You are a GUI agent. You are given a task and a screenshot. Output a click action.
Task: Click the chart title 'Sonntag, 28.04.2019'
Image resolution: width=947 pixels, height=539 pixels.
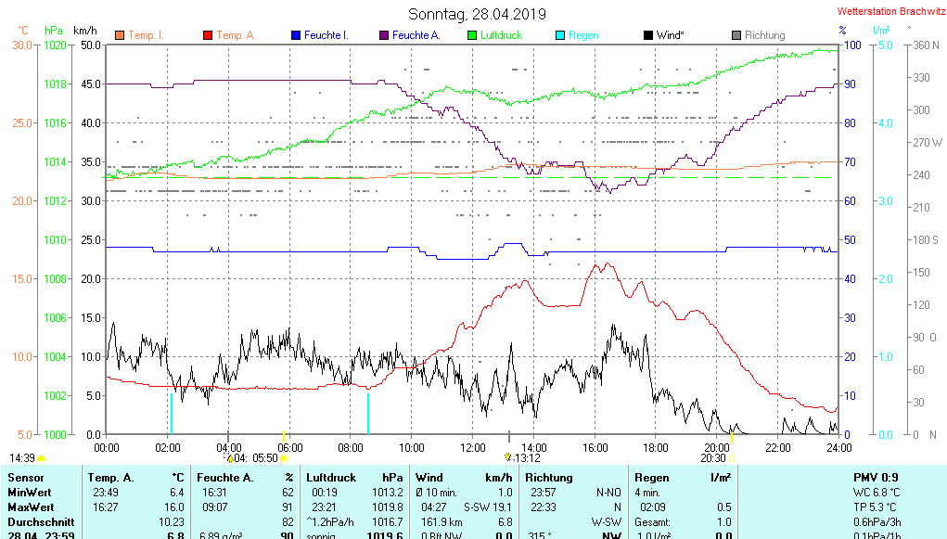[x=477, y=14]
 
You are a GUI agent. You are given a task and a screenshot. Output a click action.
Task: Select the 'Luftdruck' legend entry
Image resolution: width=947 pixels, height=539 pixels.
[x=501, y=35]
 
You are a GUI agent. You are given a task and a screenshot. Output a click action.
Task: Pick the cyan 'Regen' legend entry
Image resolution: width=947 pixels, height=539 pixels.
[x=583, y=35]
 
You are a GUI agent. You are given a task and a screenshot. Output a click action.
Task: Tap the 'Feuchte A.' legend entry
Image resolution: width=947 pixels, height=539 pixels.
[x=416, y=35]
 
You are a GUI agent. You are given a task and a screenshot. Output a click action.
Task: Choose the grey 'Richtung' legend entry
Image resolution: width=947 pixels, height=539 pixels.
[x=764, y=35]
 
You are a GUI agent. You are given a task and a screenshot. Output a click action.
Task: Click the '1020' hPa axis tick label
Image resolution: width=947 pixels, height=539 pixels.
[x=55, y=45]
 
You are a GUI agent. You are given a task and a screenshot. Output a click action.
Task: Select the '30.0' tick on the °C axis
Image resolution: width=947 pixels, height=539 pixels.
[x=22, y=45]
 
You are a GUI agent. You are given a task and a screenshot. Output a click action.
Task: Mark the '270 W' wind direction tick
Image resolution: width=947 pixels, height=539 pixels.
[x=928, y=143]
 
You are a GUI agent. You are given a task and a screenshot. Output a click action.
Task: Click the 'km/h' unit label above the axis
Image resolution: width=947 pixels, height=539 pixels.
[x=86, y=31]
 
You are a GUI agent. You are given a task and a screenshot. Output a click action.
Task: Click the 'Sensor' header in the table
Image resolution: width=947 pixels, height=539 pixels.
[x=25, y=478]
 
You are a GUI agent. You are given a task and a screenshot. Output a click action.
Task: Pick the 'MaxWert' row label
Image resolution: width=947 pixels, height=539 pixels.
[x=30, y=507]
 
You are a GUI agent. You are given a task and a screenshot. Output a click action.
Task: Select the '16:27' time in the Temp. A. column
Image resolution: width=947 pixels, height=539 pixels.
[x=105, y=507]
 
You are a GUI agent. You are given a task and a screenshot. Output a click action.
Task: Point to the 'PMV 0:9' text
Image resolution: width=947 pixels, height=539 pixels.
[x=876, y=478]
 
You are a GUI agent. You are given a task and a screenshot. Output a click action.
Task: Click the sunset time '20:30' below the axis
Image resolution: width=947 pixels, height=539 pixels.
[x=712, y=458]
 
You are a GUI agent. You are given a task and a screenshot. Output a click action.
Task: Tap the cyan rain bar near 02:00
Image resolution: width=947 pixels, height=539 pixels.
[x=171, y=413]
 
